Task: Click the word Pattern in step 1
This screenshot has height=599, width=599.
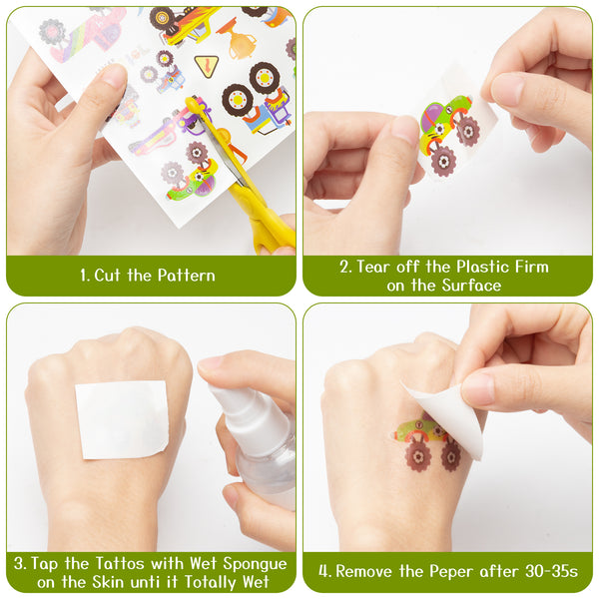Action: (186, 276)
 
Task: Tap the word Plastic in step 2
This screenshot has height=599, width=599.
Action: (483, 267)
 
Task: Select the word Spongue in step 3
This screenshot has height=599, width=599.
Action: (255, 564)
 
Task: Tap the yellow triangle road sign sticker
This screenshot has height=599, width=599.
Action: (207, 66)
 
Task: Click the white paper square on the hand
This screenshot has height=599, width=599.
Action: (122, 419)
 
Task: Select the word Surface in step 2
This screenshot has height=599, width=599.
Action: (471, 286)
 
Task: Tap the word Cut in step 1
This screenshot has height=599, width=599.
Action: (107, 276)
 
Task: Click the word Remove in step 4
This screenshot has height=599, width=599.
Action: (364, 572)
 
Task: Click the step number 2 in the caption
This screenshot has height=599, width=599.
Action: (344, 267)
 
